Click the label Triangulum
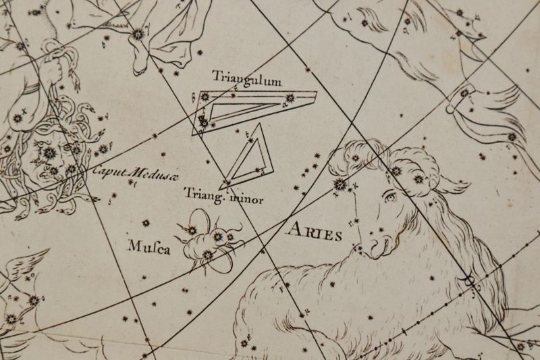[246, 77]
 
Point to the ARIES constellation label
[314, 233]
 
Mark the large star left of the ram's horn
[339, 184]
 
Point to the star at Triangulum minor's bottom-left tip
[228, 181]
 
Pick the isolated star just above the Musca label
[145, 222]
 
